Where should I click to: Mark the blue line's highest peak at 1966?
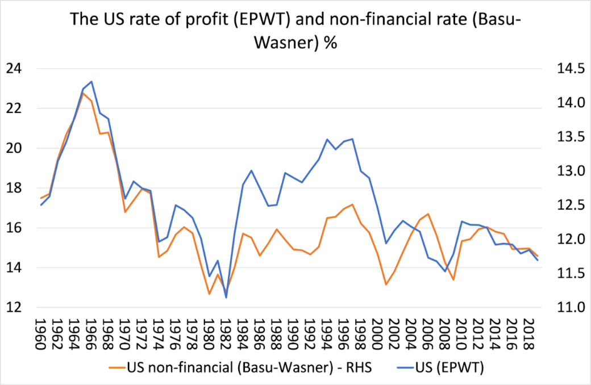pyautogui.click(x=91, y=81)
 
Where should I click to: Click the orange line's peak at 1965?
pyautogui.click(x=83, y=93)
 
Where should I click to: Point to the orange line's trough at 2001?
pyautogui.click(x=386, y=284)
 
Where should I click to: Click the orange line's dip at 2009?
pyautogui.click(x=453, y=279)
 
